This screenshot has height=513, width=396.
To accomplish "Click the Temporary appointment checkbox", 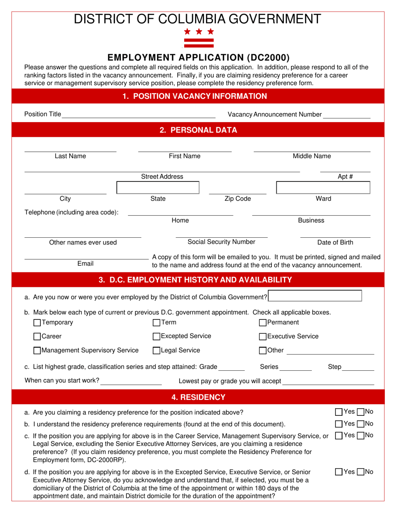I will pyautogui.click(x=37, y=322).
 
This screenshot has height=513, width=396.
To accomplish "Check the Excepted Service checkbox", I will pyautogui.click(x=157, y=336).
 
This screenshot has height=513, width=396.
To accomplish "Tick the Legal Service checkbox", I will pyautogui.click(x=157, y=350).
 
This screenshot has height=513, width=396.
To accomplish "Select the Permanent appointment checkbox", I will pyautogui.click(x=263, y=322).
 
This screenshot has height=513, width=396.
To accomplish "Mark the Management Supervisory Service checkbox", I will pyautogui.click(x=37, y=350).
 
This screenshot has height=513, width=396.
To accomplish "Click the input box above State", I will pyautogui.click(x=158, y=188).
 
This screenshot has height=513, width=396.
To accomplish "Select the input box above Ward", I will pyautogui.click(x=323, y=188).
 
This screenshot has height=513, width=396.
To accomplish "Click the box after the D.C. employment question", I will pyautogui.click(x=316, y=296).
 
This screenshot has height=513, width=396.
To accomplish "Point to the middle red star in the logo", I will pyautogui.click(x=199, y=31).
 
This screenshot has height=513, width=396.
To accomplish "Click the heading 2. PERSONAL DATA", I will pyautogui.click(x=198, y=130).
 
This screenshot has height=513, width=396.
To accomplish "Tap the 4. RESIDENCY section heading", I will pyautogui.click(x=198, y=397).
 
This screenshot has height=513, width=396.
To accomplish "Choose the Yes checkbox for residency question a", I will pyautogui.click(x=339, y=412).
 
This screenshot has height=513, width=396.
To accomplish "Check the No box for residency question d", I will pyautogui.click(x=361, y=472).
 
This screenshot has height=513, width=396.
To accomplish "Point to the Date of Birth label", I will pyautogui.click(x=335, y=242).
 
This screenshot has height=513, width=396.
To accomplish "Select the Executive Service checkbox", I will pyautogui.click(x=263, y=336).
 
